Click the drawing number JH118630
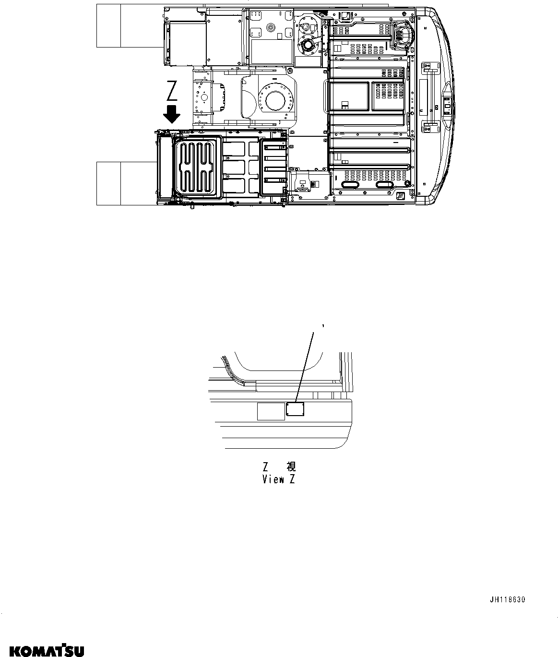507,600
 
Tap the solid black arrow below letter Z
171,115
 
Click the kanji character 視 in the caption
291,466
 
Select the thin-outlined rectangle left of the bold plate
271,411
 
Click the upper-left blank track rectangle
108,26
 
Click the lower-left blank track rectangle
108,183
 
